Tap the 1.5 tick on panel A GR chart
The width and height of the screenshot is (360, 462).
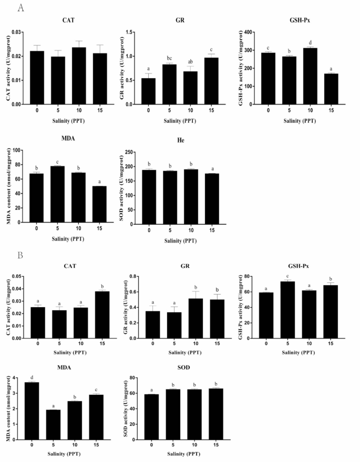[131, 32]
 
